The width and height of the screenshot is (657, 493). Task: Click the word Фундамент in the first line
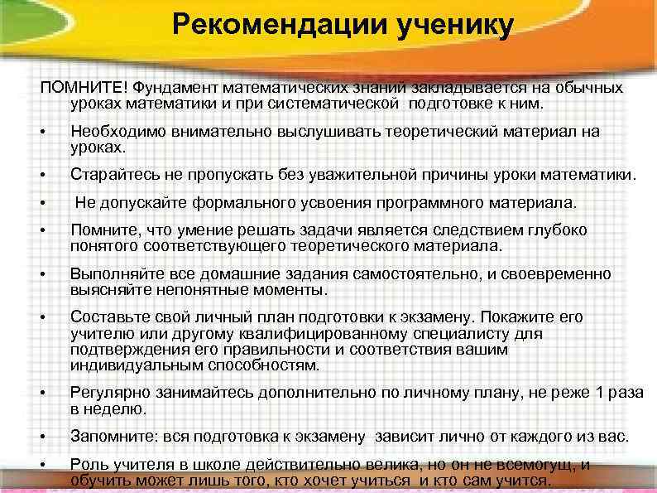pyautogui.click(x=174, y=89)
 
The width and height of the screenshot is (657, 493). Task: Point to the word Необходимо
pyautogui.click(x=113, y=133)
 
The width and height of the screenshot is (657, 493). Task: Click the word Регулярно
pyautogui.click(x=108, y=394)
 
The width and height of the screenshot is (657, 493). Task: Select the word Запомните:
pyautogui.click(x=112, y=437)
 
